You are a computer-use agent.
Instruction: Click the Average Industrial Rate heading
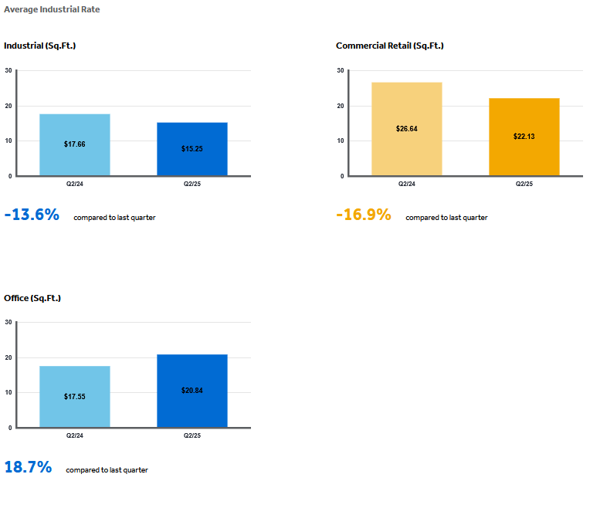pyautogui.click(x=52, y=9)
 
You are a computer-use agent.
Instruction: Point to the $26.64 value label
pyautogui.click(x=407, y=129)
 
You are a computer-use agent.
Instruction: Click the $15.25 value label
pyautogui.click(x=192, y=149)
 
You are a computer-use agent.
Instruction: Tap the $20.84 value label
pyautogui.click(x=192, y=391)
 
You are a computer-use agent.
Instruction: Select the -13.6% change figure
pyautogui.click(x=32, y=215)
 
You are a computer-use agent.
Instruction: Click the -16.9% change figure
pyautogui.click(x=364, y=215)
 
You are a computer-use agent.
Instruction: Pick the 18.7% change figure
pyautogui.click(x=28, y=466)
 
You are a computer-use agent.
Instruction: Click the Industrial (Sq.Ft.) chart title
pyautogui.click(x=40, y=46)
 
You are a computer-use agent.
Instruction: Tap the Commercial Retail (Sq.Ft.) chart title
pyautogui.click(x=390, y=46)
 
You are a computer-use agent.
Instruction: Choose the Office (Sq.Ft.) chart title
pyautogui.click(x=32, y=298)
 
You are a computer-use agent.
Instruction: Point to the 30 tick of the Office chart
pyautogui.click(x=8, y=322)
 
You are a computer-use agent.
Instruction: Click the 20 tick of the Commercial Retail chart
pyautogui.click(x=341, y=106)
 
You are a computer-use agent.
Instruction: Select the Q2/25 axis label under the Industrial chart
pyautogui.click(x=192, y=184)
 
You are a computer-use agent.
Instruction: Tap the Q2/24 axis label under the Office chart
pyautogui.click(x=75, y=435)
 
